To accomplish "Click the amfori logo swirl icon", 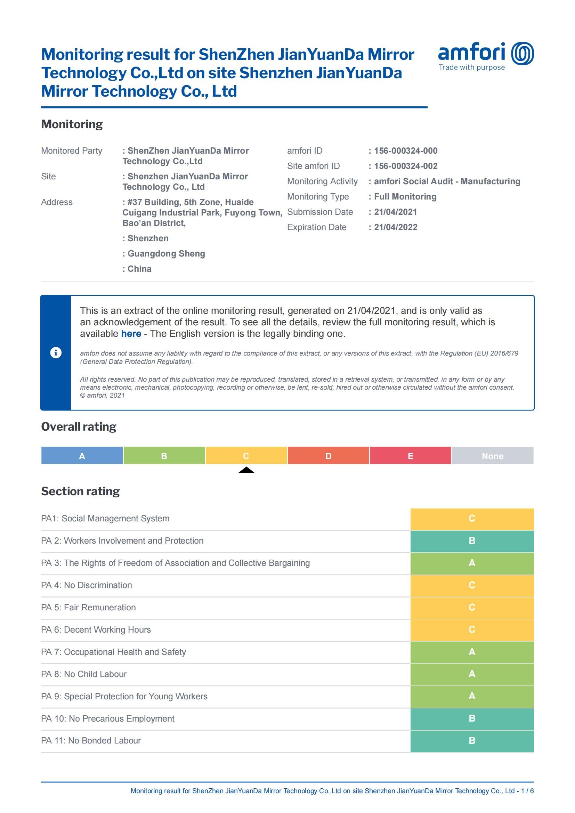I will (x=522, y=54).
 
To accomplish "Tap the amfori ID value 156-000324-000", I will (x=405, y=151).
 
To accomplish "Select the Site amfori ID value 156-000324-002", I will (x=405, y=166).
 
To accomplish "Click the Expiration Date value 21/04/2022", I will (x=396, y=227).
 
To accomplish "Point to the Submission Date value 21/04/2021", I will (x=395, y=212).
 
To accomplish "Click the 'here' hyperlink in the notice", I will (x=131, y=334).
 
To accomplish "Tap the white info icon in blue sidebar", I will (x=56, y=353).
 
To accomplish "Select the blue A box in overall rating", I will (x=82, y=456).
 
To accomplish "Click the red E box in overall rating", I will (x=410, y=456).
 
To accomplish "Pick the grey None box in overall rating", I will (x=493, y=456).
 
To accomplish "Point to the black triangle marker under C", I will (x=246, y=470).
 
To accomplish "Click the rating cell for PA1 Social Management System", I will (x=472, y=519).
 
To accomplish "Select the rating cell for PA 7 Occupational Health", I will (x=472, y=652).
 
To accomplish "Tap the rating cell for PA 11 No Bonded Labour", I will (x=472, y=741).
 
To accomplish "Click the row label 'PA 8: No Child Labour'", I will (x=84, y=674).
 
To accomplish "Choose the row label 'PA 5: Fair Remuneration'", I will (x=89, y=608).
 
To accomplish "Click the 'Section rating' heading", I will (x=80, y=491).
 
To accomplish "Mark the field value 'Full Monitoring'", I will (x=405, y=197).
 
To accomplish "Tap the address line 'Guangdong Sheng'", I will (x=166, y=254).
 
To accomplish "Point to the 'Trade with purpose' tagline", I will (x=472, y=68).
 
